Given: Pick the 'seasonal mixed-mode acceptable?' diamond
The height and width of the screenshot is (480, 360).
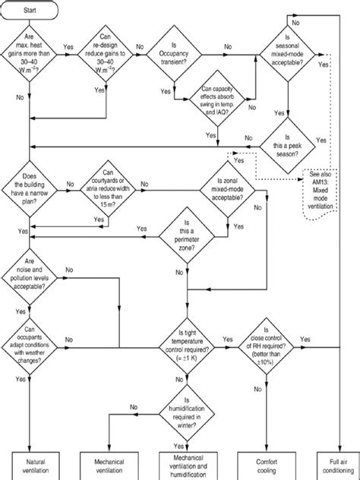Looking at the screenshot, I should coord(286,52).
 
